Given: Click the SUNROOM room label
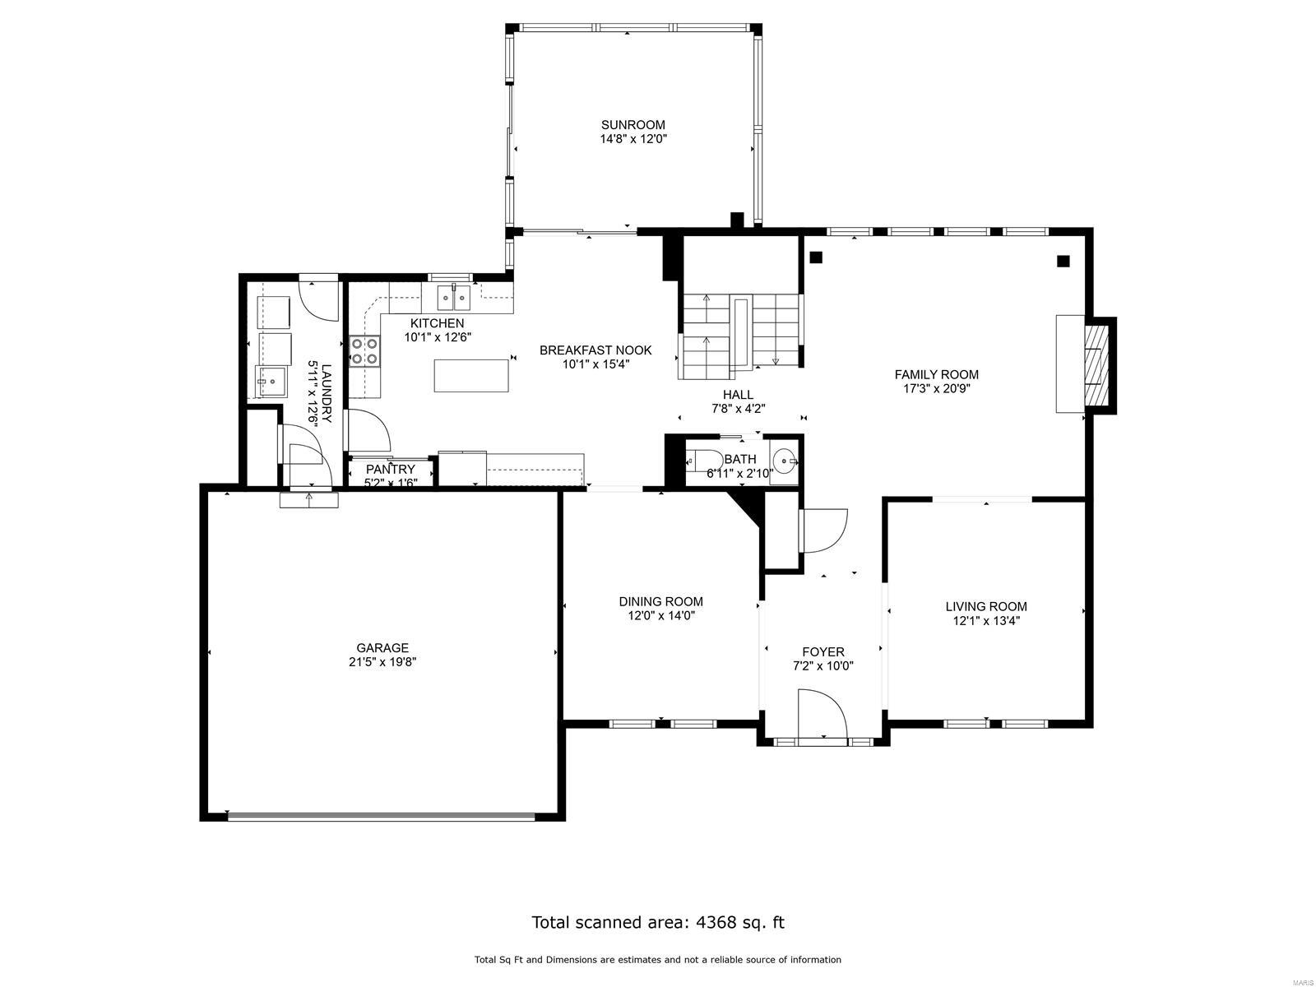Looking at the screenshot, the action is click(x=633, y=125).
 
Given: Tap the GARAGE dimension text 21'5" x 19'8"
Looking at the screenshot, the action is click(x=382, y=662).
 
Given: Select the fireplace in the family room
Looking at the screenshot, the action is click(x=1085, y=364).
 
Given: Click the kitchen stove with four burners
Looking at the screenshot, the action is click(x=365, y=350).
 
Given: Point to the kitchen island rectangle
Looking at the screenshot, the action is click(x=471, y=375).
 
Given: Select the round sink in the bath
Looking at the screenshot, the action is click(x=785, y=461).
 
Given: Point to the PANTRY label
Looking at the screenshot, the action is click(x=391, y=469).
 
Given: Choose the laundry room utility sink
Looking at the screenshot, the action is click(x=271, y=381).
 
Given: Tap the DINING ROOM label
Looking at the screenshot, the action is click(x=660, y=602).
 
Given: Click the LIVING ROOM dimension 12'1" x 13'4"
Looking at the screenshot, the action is click(x=986, y=621).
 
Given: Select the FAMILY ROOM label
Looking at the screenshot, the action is click(x=937, y=374).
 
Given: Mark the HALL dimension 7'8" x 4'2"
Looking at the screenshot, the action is click(x=738, y=409).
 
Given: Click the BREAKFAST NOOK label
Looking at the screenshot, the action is click(x=595, y=350).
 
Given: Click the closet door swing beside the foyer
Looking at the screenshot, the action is click(x=822, y=531).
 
